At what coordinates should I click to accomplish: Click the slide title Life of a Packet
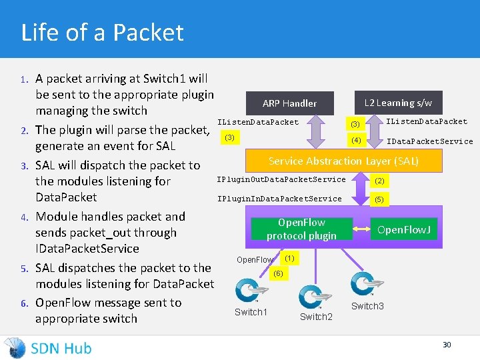(x=102, y=32)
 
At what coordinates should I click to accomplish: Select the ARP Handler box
(x=289, y=103)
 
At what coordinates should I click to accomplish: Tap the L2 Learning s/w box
(x=398, y=103)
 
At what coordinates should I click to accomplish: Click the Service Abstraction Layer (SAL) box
(x=343, y=161)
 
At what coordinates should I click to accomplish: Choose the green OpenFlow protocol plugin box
(x=301, y=229)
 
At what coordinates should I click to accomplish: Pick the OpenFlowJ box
(x=404, y=229)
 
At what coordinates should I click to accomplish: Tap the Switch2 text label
(x=316, y=317)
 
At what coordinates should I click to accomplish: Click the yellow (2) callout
(x=379, y=181)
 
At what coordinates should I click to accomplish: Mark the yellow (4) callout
(x=356, y=140)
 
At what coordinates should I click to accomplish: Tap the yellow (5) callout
(x=379, y=199)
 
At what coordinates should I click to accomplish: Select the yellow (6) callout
(x=278, y=273)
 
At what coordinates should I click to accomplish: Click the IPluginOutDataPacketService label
(x=281, y=179)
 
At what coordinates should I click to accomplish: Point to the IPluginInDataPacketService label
(x=279, y=199)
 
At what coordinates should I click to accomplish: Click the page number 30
(x=447, y=345)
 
